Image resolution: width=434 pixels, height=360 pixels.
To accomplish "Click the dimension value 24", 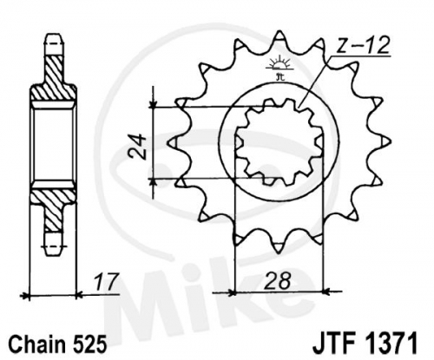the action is pyautogui.click(x=137, y=147).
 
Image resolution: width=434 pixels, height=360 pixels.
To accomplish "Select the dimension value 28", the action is pyautogui.click(x=278, y=281).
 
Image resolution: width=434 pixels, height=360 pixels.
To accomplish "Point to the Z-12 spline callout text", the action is pyautogui.click(x=362, y=46).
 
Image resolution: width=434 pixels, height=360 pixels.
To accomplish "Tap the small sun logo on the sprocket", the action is pyautogui.click(x=279, y=65).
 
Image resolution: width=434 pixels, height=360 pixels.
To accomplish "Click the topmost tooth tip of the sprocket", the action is pyautogui.click(x=279, y=31).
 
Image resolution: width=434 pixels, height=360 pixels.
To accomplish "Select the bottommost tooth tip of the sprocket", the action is pyautogui.click(x=279, y=253).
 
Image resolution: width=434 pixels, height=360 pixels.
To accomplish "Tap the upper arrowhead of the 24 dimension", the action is pyautogui.click(x=154, y=105).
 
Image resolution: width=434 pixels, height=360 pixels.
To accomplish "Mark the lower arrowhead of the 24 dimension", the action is pyautogui.click(x=154, y=181).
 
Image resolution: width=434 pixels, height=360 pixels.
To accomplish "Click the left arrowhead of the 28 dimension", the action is pyautogui.click(x=233, y=292).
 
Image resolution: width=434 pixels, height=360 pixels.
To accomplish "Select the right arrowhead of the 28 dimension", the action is pyautogui.click(x=326, y=292).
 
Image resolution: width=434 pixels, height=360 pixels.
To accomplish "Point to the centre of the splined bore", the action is pyautogui.click(x=279, y=142).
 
